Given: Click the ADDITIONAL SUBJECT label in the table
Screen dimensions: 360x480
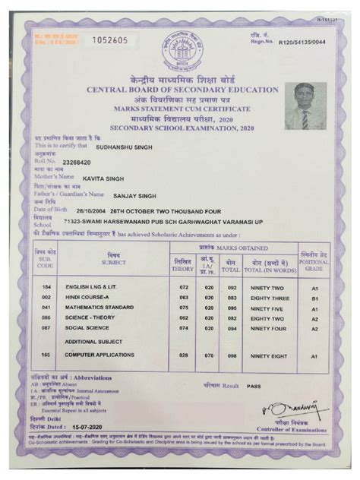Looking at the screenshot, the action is tap(93, 343).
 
